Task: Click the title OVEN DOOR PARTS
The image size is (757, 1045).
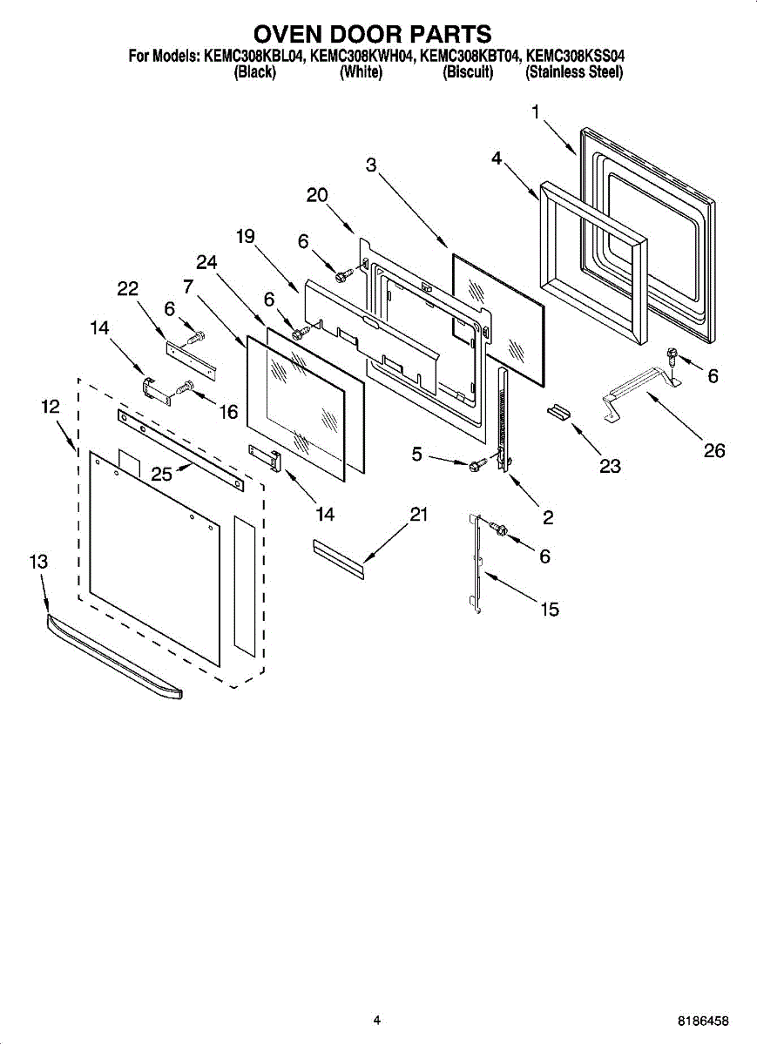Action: tap(373, 34)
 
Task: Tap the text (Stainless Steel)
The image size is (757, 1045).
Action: tap(573, 73)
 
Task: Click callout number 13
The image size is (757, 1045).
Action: tap(38, 563)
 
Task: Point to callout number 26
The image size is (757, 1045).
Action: tap(713, 450)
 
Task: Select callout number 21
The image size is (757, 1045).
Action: tap(419, 515)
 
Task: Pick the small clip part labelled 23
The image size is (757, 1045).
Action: tap(558, 410)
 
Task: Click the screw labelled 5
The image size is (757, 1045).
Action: tap(477, 467)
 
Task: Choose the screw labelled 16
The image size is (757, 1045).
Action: tap(185, 388)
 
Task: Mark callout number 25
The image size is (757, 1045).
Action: tap(161, 473)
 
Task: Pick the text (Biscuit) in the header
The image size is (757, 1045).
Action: tap(468, 73)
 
